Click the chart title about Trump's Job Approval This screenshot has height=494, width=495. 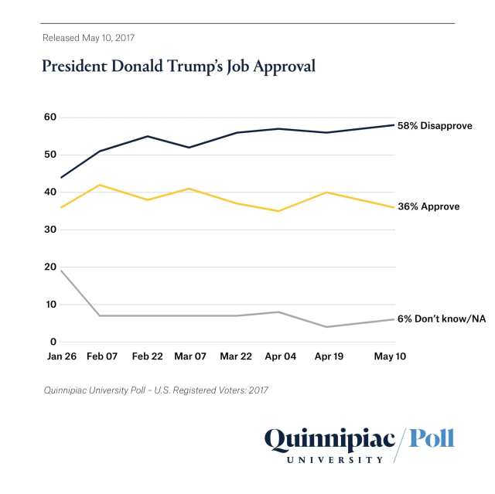(179, 66)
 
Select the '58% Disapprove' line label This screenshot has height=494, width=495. (434, 125)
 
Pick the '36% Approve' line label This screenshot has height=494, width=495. (428, 207)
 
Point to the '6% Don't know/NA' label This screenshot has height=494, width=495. (441, 319)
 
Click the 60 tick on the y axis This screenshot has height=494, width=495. (49, 118)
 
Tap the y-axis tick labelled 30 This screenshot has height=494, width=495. (49, 230)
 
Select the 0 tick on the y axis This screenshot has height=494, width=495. (53, 342)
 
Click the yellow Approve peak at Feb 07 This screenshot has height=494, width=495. (100, 185)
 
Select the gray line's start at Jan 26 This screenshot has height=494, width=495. (60, 271)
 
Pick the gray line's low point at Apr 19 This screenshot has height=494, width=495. (327, 327)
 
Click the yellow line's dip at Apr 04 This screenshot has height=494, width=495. (278, 211)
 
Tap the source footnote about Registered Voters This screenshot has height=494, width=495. (155, 390)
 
